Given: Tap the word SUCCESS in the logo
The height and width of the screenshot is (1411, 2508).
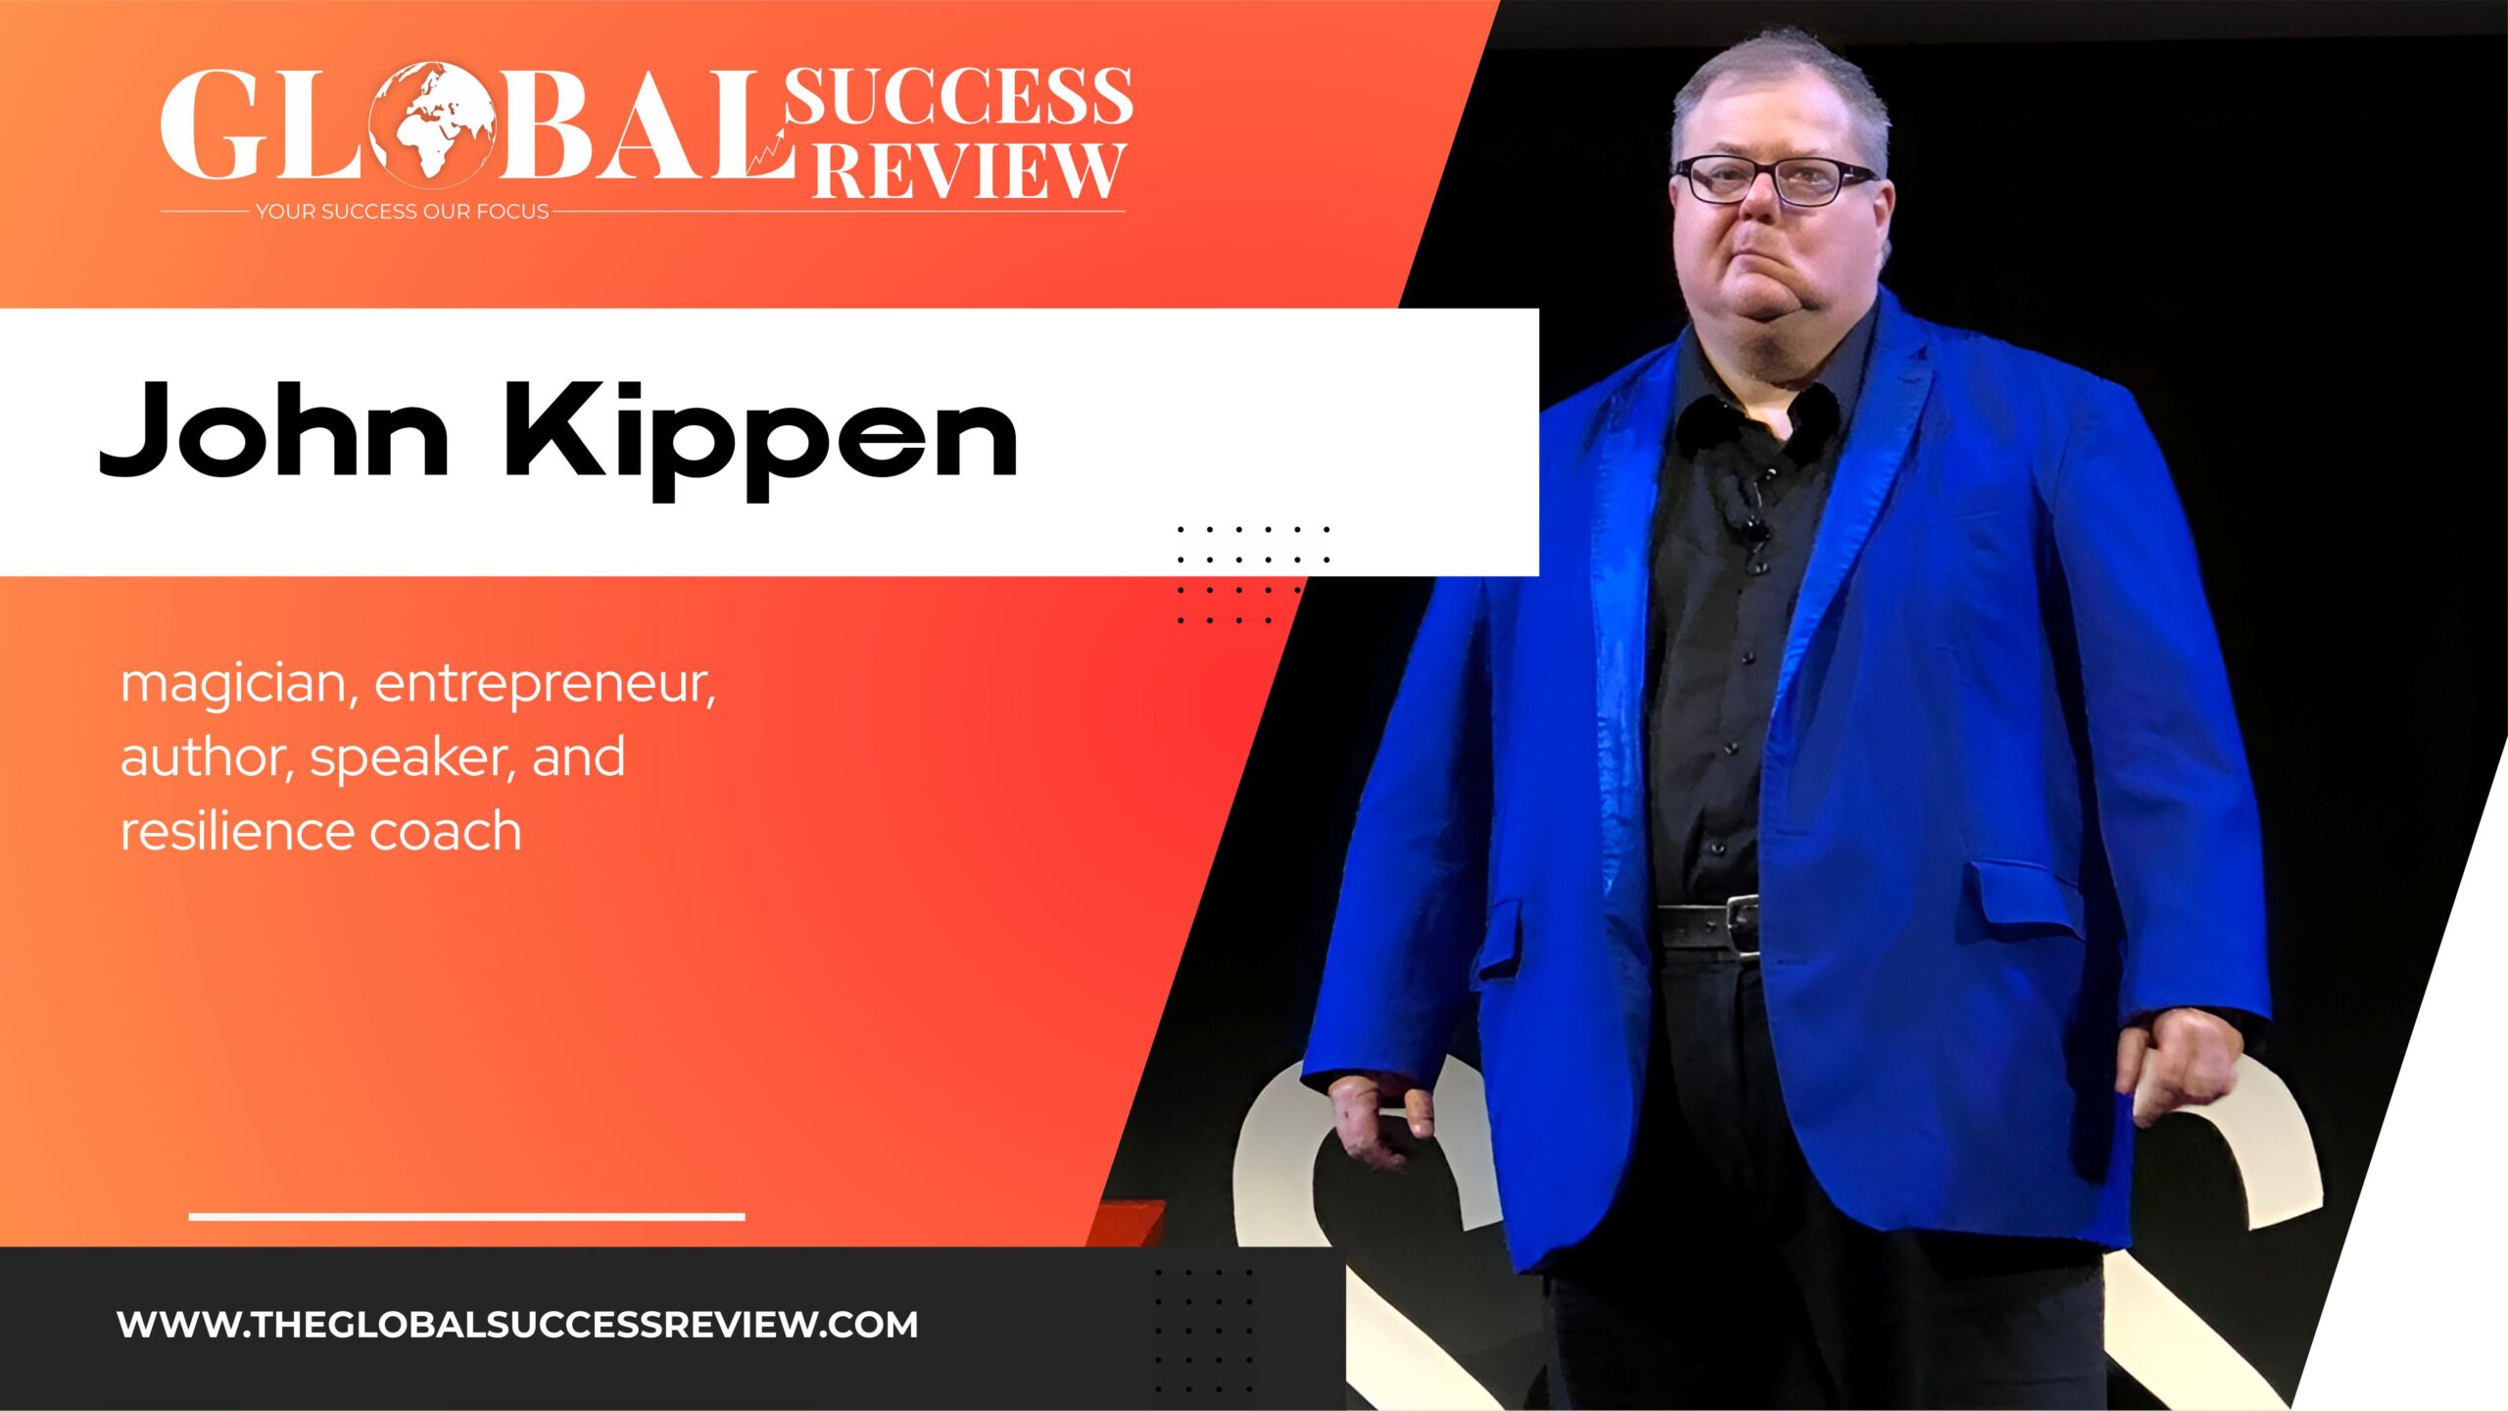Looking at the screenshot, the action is [959, 96].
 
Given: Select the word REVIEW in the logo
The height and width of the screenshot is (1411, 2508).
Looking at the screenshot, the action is [969, 170].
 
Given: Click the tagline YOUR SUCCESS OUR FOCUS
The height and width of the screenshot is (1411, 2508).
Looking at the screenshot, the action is [403, 212].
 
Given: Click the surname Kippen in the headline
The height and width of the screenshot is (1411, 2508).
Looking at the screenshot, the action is [761, 440].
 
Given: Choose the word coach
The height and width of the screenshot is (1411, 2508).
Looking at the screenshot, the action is [446, 830].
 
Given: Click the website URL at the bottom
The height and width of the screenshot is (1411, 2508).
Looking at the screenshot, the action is [517, 1325].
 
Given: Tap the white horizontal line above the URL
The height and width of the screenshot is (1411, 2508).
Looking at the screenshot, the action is [466, 1217].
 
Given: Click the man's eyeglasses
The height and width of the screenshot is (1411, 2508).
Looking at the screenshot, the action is [1775, 181].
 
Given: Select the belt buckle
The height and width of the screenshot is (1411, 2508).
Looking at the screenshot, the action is [1742, 924].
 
